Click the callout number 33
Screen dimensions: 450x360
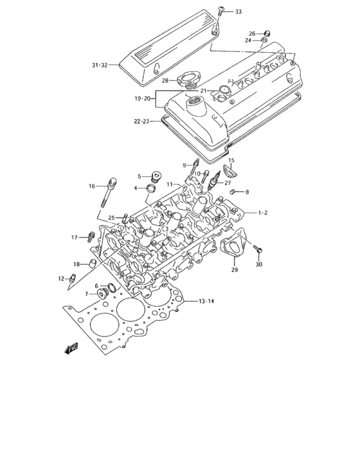[x=239, y=12]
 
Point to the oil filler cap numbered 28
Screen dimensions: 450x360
[x=190, y=81]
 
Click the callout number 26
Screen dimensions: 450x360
[x=252, y=33]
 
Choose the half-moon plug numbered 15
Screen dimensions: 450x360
[x=230, y=172]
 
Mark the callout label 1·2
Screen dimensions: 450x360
[x=263, y=213]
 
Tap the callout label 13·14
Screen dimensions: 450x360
[x=206, y=301]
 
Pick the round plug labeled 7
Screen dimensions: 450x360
[x=102, y=296]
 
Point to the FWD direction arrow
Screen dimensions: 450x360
[x=70, y=348]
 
